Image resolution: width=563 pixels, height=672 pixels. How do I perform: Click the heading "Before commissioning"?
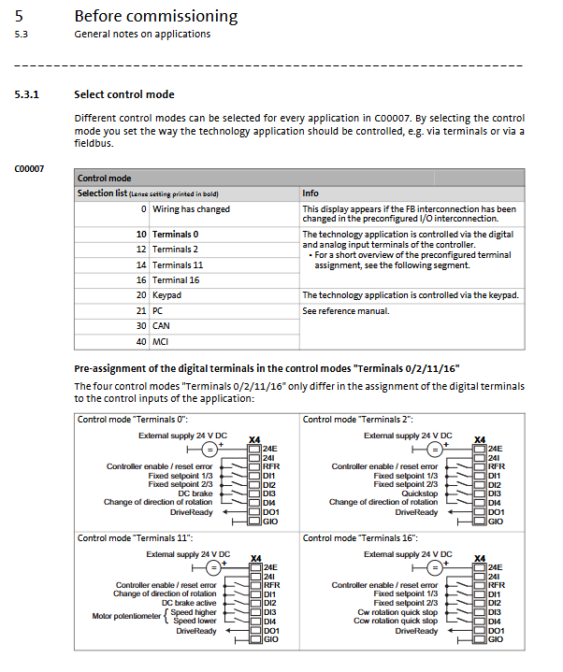pos(155,16)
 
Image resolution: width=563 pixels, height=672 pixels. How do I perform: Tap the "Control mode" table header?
pos(104,178)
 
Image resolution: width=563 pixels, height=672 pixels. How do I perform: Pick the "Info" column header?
pos(310,193)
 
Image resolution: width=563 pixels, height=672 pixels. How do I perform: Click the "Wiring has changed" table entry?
pos(191,209)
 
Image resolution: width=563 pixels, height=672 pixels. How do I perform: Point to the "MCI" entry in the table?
pos(161,342)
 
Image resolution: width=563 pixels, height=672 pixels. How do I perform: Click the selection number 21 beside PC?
pos(141,310)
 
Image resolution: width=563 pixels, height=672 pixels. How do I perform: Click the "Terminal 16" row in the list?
pos(176,279)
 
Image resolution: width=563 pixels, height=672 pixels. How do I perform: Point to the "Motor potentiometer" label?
pos(128,616)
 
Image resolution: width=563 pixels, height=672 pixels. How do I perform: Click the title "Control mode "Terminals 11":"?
pos(135,538)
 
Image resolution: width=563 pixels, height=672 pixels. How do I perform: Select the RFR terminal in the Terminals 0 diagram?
pos(272,466)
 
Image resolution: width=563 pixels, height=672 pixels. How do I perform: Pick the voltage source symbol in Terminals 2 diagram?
pos(435,450)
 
